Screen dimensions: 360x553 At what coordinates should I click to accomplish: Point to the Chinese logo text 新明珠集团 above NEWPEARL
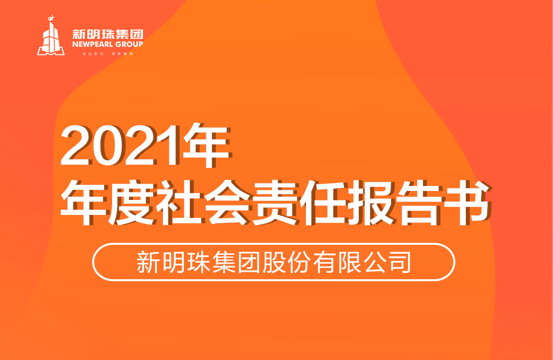coord(108,34)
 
